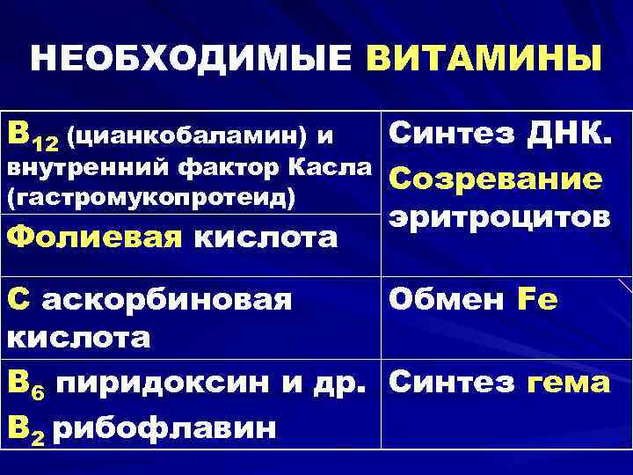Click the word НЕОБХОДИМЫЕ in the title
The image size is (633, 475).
tap(192, 59)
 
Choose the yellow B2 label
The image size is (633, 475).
tap(25, 428)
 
